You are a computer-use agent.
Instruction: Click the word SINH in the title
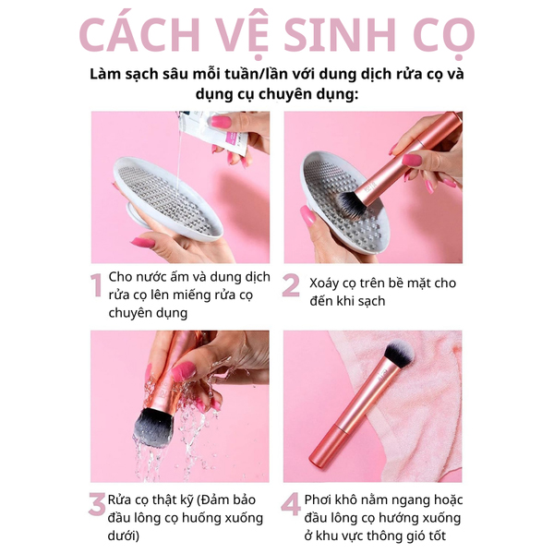(340, 34)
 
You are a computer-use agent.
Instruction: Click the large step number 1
(96, 284)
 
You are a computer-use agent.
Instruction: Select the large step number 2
(291, 284)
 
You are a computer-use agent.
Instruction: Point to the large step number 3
(97, 504)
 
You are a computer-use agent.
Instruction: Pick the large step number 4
(291, 504)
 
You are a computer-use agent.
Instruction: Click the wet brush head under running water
(153, 428)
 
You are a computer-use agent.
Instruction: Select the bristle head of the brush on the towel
(399, 354)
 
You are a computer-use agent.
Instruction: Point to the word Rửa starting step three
(119, 500)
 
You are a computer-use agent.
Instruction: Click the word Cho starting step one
(120, 277)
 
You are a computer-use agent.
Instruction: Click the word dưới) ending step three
(124, 536)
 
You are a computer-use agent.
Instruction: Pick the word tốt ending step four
(437, 536)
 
